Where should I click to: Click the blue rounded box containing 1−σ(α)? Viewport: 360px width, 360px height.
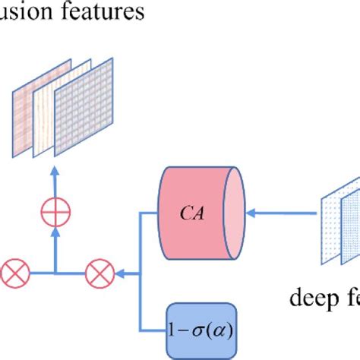[x=201, y=330]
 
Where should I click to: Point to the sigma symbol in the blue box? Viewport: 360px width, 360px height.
[x=199, y=330]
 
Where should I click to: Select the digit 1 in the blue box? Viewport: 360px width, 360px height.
[x=175, y=330]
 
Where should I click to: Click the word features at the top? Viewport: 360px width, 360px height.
[x=99, y=14]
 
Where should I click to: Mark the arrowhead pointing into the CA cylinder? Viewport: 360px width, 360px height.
[x=252, y=213]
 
